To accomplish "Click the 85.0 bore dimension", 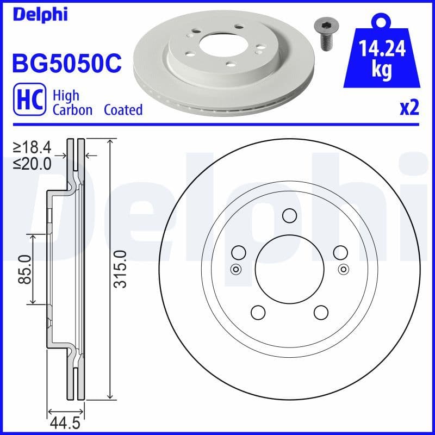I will click(24, 269).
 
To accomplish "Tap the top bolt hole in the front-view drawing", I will click(289, 216).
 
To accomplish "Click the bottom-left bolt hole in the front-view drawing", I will click(258, 312).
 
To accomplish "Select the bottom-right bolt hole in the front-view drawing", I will click(321, 312).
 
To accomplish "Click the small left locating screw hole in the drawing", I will click(235, 269).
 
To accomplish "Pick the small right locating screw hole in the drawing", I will click(343, 269).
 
